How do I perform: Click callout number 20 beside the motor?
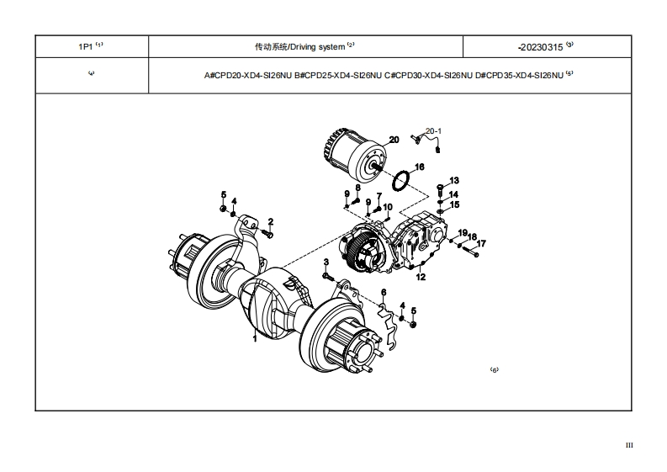(x=393, y=140)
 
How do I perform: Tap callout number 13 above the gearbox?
(x=454, y=180)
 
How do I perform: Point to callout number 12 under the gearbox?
(x=421, y=276)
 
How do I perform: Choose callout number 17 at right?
(x=482, y=244)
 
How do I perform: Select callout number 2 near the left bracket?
(x=271, y=222)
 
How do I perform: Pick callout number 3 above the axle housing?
(x=326, y=263)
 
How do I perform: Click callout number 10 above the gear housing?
(x=388, y=207)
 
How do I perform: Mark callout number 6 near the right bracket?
(x=383, y=292)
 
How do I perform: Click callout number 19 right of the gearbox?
(x=462, y=232)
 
